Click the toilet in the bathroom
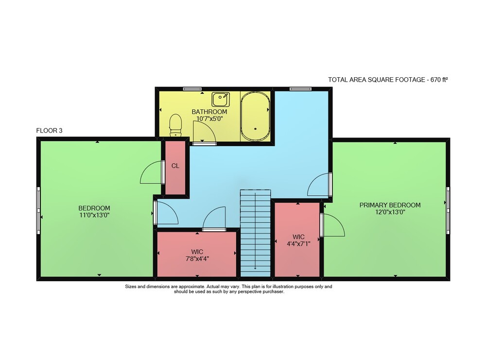tap(175, 125)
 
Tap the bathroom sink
tap(221, 100)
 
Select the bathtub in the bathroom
tap(255, 116)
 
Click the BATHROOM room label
tap(209, 112)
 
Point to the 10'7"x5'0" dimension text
tap(209, 119)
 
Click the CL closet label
tap(175, 166)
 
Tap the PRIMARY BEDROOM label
tap(390, 205)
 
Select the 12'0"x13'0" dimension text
tap(390, 212)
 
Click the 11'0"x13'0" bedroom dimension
tap(94, 215)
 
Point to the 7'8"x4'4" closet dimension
tap(197, 258)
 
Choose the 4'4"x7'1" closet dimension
tap(298, 244)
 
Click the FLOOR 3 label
tap(49, 130)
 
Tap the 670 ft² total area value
tap(439, 80)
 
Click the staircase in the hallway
tap(256, 233)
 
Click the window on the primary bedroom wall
tap(448, 210)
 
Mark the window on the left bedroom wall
tap(38, 210)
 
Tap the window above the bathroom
tap(192, 89)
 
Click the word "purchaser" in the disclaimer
tap(273, 291)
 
